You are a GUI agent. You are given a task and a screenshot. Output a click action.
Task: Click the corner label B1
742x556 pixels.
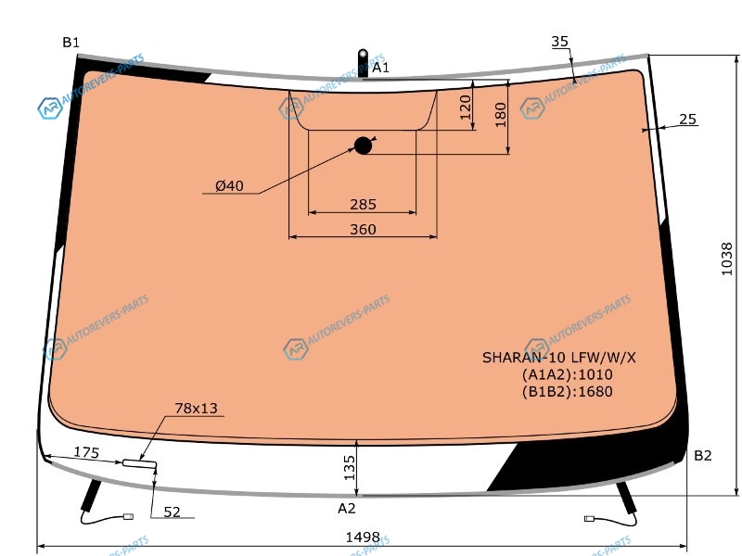click(x=71, y=43)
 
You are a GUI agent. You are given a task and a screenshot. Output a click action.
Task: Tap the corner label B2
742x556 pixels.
click(x=703, y=455)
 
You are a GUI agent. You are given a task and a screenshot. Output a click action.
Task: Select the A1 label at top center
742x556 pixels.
click(x=380, y=68)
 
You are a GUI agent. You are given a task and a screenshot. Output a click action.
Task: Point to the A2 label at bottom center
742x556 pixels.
click(x=346, y=508)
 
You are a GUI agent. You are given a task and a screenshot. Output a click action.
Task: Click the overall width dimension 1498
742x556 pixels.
click(x=363, y=537)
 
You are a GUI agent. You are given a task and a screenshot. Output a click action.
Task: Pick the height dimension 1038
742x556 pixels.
click(x=726, y=259)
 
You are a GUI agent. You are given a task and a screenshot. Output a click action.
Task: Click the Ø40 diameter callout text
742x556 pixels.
click(x=229, y=186)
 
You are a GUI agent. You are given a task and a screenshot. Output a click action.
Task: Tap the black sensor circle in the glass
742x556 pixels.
click(x=363, y=145)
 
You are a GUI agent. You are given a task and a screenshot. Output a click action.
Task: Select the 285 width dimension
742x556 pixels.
click(x=363, y=204)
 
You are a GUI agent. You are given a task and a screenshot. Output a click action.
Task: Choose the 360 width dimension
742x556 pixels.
click(x=363, y=229)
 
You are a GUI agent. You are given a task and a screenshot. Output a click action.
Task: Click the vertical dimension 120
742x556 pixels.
click(x=466, y=107)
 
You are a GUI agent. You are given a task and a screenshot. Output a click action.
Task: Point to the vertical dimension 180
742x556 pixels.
click(x=500, y=115)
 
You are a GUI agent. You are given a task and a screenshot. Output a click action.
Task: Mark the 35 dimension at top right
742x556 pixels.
click(x=560, y=42)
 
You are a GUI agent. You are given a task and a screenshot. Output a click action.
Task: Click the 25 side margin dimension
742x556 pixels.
click(x=687, y=120)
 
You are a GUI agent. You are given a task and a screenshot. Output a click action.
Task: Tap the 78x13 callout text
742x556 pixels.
click(x=196, y=408)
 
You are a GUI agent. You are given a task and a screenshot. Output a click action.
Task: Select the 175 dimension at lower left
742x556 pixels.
click(x=86, y=452)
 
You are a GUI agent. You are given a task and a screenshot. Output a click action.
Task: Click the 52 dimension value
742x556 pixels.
click(x=172, y=512)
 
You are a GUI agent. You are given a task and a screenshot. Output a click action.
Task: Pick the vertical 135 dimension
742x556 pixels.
click(x=350, y=468)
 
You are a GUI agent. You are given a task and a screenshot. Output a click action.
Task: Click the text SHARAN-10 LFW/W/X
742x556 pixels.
click(x=559, y=358)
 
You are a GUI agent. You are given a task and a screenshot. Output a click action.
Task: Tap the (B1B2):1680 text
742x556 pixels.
click(x=568, y=391)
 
